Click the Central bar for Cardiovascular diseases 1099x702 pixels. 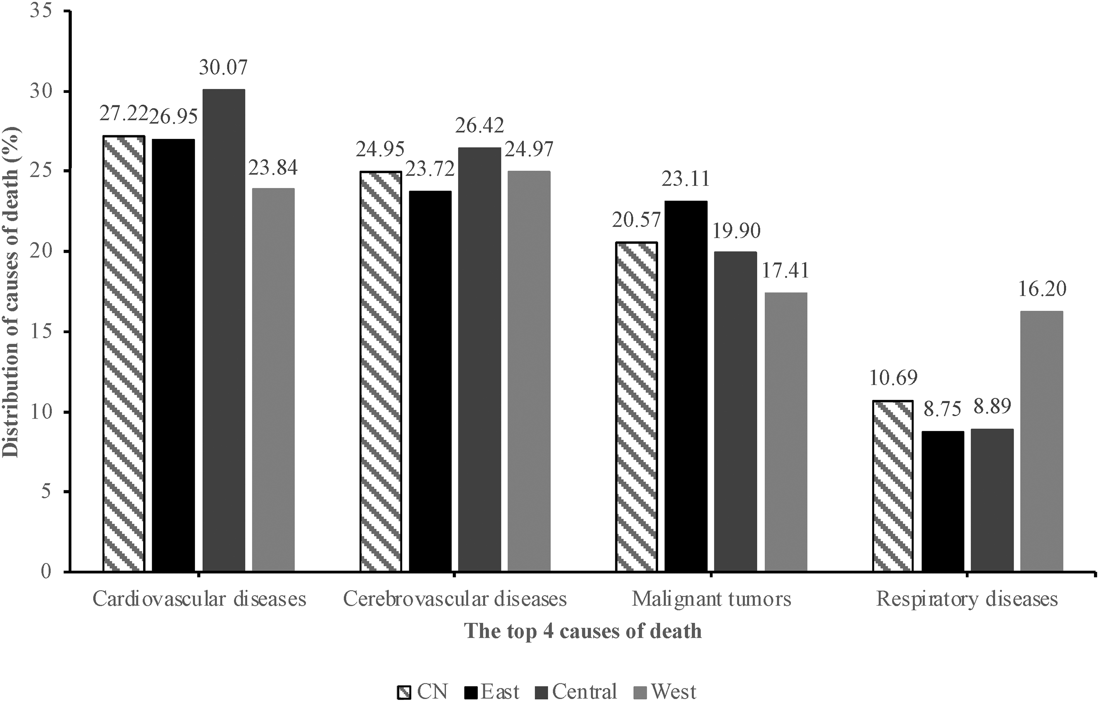click(224, 330)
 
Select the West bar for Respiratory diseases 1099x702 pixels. click(1042, 441)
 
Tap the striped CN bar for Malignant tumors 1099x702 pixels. click(637, 407)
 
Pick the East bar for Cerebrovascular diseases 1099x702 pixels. click(430, 381)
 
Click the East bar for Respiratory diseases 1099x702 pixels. click(943, 502)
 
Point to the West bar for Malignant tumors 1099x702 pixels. click(786, 432)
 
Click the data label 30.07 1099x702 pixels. click(223, 67)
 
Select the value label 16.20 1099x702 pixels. click(1042, 289)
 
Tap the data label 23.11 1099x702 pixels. click(686, 178)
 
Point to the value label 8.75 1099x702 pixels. click(943, 409)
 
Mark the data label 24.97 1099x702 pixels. click(529, 149)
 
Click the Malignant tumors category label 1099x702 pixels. click(711, 599)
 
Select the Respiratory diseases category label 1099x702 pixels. click(967, 599)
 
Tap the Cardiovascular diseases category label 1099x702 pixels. click(199, 599)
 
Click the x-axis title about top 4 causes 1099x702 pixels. click(583, 631)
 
